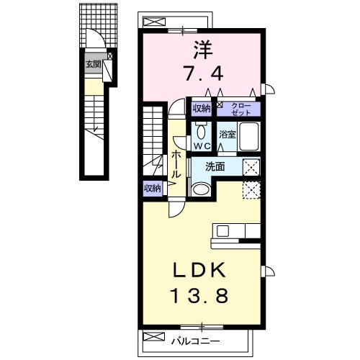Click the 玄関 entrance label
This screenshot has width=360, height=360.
pos(94,64)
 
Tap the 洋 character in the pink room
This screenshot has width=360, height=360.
pos(203,50)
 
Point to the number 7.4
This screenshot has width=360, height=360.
pos(204,73)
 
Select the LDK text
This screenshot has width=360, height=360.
pos(199,271)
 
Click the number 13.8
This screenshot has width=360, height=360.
pos(199,296)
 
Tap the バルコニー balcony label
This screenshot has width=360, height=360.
pos(195,341)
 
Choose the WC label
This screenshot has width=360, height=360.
pos(202,146)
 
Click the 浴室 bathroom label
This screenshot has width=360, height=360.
pos(227,135)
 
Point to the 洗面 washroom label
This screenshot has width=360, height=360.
pos(215,166)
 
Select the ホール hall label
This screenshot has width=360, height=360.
pos(176,164)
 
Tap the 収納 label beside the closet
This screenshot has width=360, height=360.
pos(202,109)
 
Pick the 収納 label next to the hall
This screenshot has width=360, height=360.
pos(153,189)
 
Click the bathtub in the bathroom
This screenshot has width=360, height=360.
pos(248,136)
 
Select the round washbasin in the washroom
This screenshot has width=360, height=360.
pos(201,189)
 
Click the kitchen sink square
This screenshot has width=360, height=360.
pos(223,231)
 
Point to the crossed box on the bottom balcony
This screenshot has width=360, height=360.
pos(154,336)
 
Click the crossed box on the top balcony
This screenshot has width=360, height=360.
pos(154,22)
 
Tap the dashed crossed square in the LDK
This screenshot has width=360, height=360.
pos(251,190)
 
